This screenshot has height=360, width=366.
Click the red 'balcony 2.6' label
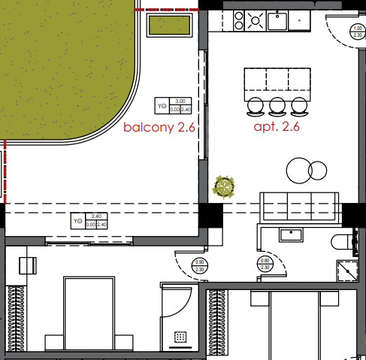tap(159, 128)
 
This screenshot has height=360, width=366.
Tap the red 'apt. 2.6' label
tap(277, 126)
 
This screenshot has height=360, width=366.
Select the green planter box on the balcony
tap(169, 26)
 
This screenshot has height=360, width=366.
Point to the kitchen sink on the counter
tap(281, 20)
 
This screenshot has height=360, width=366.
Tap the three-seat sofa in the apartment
tap(298, 204)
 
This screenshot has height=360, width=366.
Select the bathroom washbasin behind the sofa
tap(291, 234)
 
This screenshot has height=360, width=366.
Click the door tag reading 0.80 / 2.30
tap(265, 265)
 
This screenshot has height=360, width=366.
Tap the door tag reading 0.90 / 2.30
tap(199, 265)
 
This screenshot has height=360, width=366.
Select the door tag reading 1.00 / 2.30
tap(358, 31)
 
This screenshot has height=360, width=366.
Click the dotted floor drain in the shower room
tap(181, 337)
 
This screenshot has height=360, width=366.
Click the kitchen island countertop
tap(277, 80)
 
